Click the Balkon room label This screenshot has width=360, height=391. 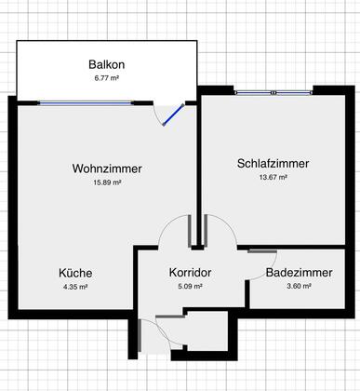pos(107,64)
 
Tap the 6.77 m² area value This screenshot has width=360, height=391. pos(107,78)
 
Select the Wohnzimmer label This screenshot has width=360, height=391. pos(107,169)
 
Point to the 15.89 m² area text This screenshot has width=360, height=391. pos(107,182)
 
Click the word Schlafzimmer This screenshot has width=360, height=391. pos(273,164)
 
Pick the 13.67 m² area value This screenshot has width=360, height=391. pos(273,177)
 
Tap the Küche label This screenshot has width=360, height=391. pos(75,273)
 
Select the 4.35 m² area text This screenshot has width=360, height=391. pos(75,287)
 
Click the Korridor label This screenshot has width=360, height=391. pos(190,273)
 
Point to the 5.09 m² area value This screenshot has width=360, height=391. pos(190,286)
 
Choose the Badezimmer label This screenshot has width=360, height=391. pos(299,273)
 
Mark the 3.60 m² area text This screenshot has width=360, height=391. pos(299,286)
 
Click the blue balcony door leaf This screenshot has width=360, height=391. pos(173,115)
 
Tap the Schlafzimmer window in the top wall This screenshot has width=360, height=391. pos(273,92)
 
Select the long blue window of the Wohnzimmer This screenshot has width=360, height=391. pos(86,103)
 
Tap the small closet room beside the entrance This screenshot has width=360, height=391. pos(207,331)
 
